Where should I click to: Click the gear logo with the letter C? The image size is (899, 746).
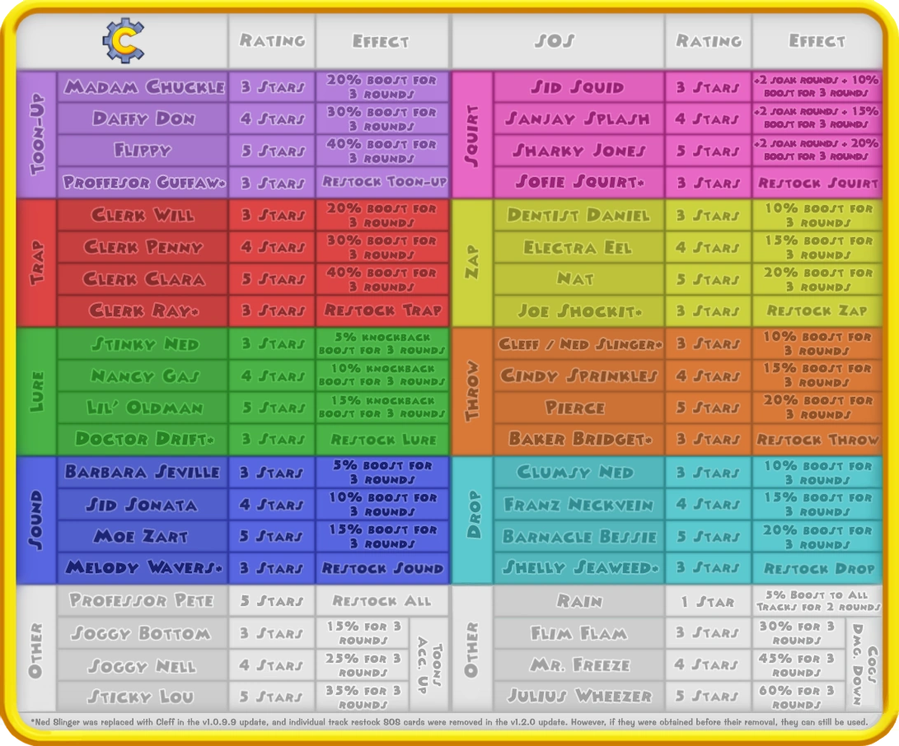pyautogui.click(x=124, y=40)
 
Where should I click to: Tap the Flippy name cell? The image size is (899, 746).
pyautogui.click(x=143, y=151)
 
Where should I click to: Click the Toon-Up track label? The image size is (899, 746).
pyautogui.click(x=37, y=135)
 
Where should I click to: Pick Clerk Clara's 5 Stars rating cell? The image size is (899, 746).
pyautogui.click(x=273, y=279)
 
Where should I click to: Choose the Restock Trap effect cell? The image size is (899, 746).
pyautogui.click(x=382, y=310)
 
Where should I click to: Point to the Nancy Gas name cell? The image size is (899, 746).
pyautogui.click(x=143, y=375)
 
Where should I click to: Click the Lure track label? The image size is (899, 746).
pyautogui.click(x=37, y=391)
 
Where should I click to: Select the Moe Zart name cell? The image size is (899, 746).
pyautogui.click(x=143, y=536)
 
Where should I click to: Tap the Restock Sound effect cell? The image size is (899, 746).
pyautogui.click(x=382, y=568)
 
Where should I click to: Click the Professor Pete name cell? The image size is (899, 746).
pyautogui.click(x=143, y=600)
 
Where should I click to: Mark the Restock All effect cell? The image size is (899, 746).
pyautogui.click(x=382, y=600)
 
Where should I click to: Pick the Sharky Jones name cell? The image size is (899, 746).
pyautogui.click(x=579, y=151)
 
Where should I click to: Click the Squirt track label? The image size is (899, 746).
pyautogui.click(x=472, y=135)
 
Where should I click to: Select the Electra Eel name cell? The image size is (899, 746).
pyautogui.click(x=579, y=248)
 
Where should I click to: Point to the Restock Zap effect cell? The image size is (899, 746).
pyautogui.click(x=817, y=310)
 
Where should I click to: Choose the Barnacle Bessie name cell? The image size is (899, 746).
pyautogui.click(x=579, y=536)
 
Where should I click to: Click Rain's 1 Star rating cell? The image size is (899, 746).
pyautogui.click(x=708, y=601)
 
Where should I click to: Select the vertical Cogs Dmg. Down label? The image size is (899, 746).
pyautogui.click(x=865, y=664)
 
